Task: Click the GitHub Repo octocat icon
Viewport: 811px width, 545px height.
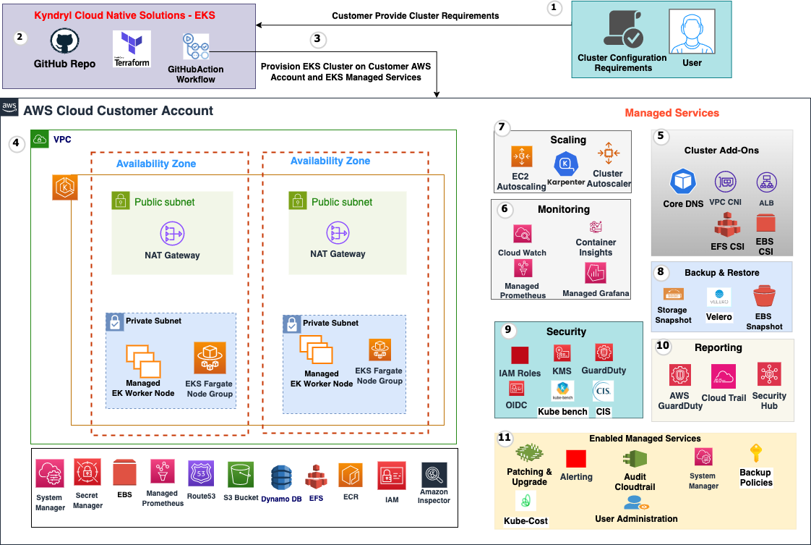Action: click(x=64, y=43)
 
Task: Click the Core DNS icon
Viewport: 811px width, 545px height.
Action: click(x=682, y=182)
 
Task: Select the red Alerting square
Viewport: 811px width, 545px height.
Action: click(x=576, y=459)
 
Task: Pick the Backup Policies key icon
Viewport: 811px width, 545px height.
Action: click(x=755, y=455)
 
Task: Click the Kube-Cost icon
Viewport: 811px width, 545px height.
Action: click(x=525, y=502)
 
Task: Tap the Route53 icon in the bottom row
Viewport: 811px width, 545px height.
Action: click(x=200, y=476)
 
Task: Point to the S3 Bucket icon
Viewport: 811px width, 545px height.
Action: click(x=241, y=476)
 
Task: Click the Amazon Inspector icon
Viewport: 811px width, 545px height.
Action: click(x=434, y=476)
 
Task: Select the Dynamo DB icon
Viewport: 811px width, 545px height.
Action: click(x=281, y=478)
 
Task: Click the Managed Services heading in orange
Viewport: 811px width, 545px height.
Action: click(x=671, y=113)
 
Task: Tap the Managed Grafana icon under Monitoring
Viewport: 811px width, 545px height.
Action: click(x=596, y=273)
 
